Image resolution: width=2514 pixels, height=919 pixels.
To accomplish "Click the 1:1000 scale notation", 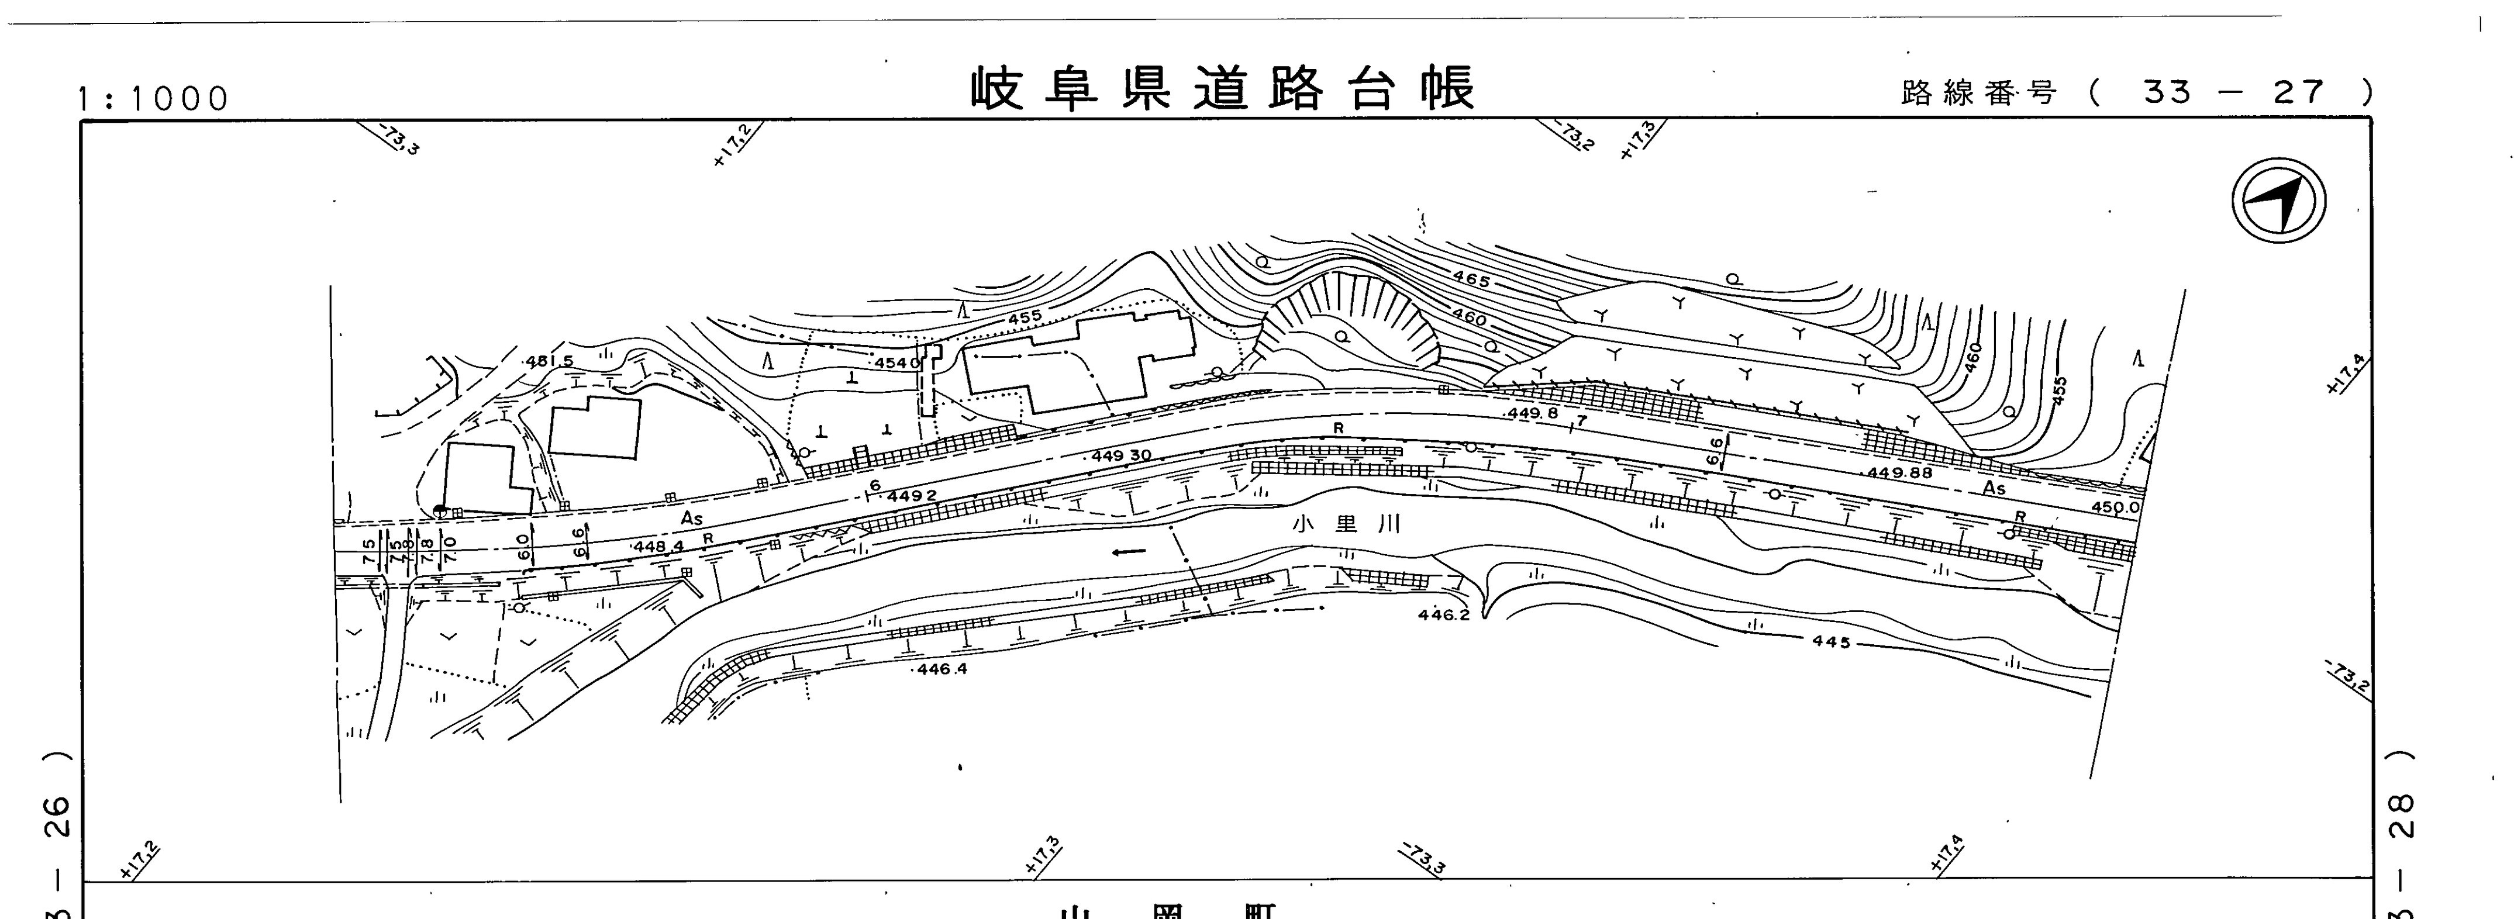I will pyautogui.click(x=154, y=99).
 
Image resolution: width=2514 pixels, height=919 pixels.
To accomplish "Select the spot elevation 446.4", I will pyautogui.click(x=941, y=670).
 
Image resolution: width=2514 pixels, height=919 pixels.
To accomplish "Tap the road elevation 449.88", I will pyautogui.click(x=1899, y=473).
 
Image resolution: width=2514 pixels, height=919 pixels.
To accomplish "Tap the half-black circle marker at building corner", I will pyautogui.click(x=440, y=509).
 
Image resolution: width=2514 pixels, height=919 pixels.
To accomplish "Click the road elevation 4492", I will pyautogui.click(x=912, y=496).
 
